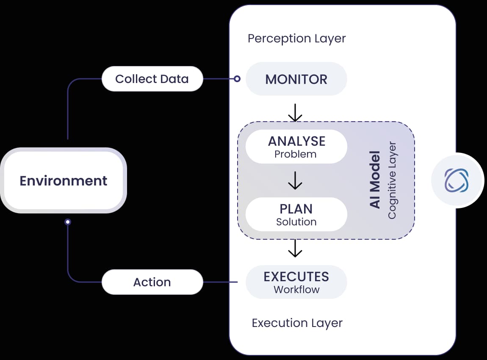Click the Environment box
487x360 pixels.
coord(64,180)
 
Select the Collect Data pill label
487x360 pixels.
coord(152,79)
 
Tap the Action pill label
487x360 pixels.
coord(152,282)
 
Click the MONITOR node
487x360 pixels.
coord(296,79)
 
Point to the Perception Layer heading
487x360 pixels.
coord(296,39)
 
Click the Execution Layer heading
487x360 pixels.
coord(297,323)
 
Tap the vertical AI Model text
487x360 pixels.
coord(375,180)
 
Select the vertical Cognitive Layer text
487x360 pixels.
coord(392,180)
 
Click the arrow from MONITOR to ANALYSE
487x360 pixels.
coord(295,113)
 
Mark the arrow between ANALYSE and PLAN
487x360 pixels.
coord(295,180)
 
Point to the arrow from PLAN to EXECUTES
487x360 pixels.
coord(295,249)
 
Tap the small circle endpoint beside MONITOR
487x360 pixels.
coord(237,79)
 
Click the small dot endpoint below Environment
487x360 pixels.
coord(68,222)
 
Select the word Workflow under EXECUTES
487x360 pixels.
coord(296,290)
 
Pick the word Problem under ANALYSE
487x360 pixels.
coord(295,154)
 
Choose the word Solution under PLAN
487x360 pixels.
coord(296,222)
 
